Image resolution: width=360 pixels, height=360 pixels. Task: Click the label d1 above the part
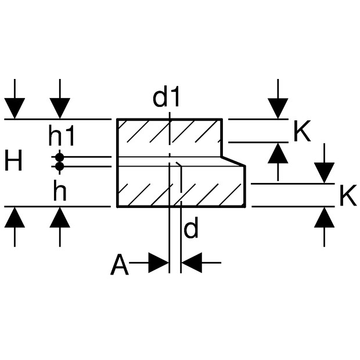coord(167,98)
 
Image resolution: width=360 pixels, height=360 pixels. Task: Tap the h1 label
coord(62,137)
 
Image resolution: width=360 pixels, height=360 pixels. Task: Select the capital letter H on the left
coord(13,161)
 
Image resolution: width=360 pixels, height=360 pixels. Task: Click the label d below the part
coord(190,230)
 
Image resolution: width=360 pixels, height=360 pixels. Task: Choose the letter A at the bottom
coord(120,265)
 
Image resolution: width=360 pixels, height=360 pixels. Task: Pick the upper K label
coord(302,132)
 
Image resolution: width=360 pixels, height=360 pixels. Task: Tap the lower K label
coord(347,197)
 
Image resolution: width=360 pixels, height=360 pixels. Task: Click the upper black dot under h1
coord(59,157)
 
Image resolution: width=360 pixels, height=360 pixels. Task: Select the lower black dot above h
coord(59,167)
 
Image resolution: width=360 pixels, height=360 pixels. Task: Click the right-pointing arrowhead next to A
coord(158,263)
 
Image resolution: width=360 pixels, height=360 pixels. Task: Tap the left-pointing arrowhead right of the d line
coord(192,263)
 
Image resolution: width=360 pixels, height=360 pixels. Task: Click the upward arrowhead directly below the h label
coord(60,217)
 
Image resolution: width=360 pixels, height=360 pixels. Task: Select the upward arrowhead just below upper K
coord(278,153)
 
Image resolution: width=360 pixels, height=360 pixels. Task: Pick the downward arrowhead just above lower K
coord(324,172)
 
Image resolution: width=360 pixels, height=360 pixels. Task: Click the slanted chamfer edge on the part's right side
coord(233,161)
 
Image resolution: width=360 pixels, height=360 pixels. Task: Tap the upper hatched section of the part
coord(168,138)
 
